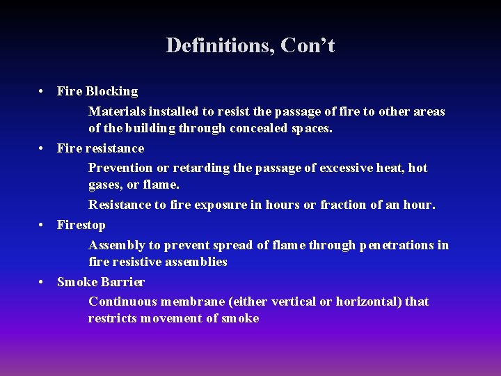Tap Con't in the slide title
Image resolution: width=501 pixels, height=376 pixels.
(308, 46)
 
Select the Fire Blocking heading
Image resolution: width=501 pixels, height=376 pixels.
(97, 91)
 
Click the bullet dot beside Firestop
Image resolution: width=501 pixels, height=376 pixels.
(42, 225)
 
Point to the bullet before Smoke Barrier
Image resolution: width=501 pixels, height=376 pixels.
(42, 282)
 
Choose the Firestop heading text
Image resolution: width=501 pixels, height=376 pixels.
(81, 225)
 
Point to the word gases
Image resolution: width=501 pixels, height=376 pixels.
(104, 185)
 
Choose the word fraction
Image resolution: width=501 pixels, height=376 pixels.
(343, 205)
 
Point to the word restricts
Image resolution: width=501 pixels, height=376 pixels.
(113, 318)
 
